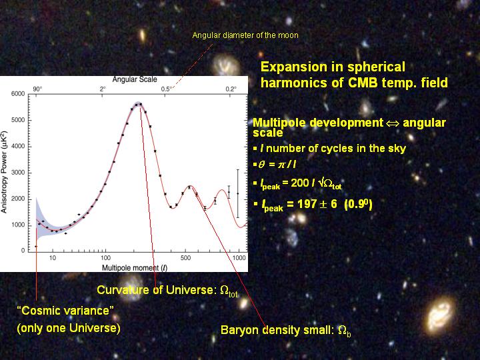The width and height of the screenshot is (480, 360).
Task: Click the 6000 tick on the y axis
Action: coord(18,94)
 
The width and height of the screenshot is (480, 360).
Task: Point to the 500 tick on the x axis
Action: coord(185,258)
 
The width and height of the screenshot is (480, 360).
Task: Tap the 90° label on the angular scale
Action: coord(37,89)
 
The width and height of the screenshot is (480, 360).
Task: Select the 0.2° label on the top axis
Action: coord(231,89)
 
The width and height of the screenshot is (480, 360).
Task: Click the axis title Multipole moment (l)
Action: coord(135,268)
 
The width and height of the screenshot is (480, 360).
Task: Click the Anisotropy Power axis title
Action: coord(4,172)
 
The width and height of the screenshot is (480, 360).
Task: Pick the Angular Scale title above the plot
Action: coord(135,79)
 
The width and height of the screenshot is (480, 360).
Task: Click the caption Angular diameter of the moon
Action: coord(245,35)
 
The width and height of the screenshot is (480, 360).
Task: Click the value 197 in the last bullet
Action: coord(307,204)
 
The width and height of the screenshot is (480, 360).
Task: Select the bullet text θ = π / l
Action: coord(277,165)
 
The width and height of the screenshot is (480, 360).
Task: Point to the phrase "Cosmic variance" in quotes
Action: coord(65,311)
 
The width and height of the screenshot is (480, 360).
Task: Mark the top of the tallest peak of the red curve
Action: coord(138,104)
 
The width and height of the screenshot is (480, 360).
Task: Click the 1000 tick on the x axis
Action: coord(239,258)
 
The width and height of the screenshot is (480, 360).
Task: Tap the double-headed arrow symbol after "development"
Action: coord(393,123)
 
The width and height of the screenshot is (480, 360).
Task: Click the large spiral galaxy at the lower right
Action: coord(440,315)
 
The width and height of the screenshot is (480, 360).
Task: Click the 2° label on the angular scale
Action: coord(103,89)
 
